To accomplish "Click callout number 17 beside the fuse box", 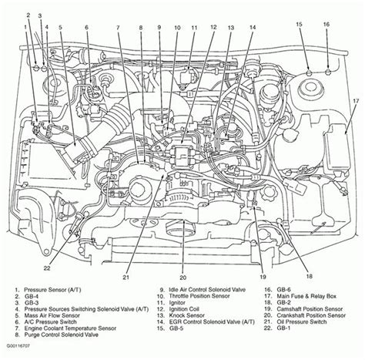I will tap(356, 101).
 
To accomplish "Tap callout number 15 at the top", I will tap(299, 24).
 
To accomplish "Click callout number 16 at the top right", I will tap(326, 24).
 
